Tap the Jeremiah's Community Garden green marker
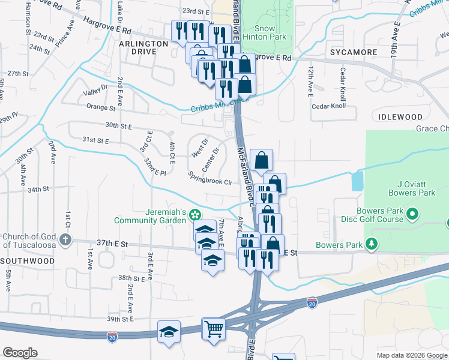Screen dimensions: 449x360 pyautogui.click(x=194, y=214)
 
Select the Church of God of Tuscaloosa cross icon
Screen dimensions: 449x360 pyautogui.click(x=65, y=241)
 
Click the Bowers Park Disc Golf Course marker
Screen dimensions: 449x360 pyautogui.click(x=412, y=214)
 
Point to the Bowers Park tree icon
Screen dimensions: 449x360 pyautogui.click(x=372, y=244)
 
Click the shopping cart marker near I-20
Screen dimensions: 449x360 pyautogui.click(x=214, y=329)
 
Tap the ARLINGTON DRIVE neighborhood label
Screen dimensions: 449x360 pyautogui.click(x=143, y=48)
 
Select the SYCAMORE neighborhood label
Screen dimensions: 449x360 pyautogui.click(x=352, y=52)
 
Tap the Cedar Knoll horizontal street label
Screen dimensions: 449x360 pyautogui.click(x=329, y=106)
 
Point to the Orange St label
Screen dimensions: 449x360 pyautogui.click(x=100, y=108)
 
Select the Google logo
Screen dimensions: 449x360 pyautogui.click(x=20, y=353)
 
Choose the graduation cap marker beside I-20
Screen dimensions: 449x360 pyautogui.click(x=169, y=331)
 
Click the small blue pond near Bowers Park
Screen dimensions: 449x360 pyautogui.click(x=358, y=180)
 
